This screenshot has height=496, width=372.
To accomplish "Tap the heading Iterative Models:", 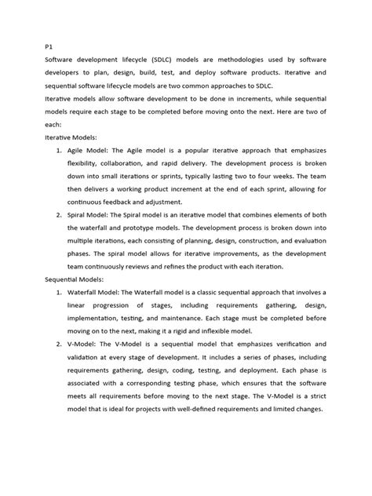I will point(72,137).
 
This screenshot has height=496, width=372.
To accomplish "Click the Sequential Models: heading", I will point(77,279).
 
